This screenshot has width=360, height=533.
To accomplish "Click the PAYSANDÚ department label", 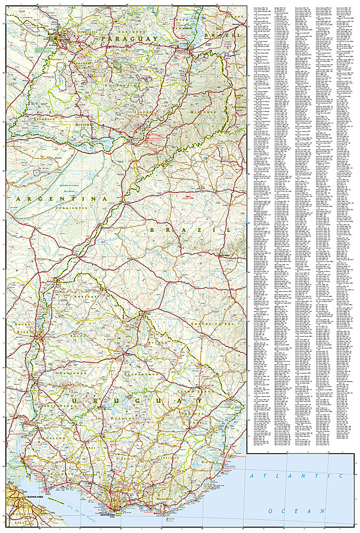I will (x=76, y=373).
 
